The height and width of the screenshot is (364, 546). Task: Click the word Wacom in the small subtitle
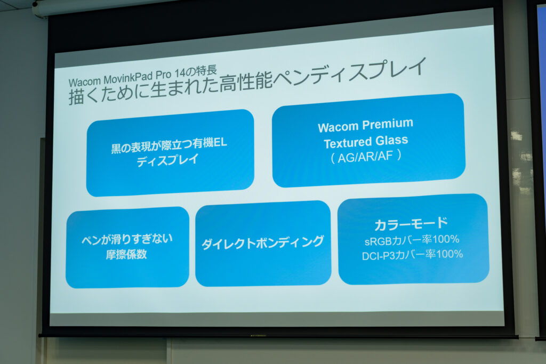pos(84,82)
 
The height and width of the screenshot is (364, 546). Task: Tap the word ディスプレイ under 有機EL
pos(167,160)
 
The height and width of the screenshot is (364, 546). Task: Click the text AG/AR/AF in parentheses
pos(365,157)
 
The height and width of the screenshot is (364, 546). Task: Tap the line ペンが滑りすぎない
pos(127,239)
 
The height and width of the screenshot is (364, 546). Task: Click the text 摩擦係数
pos(126,254)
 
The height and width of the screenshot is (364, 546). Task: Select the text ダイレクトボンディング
pos(263,243)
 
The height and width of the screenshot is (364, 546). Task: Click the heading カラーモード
pos(411,224)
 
